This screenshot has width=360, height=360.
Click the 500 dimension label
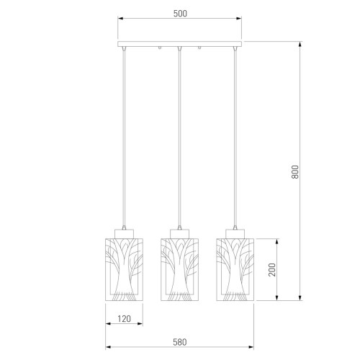180,14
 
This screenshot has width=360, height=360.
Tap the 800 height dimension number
295,172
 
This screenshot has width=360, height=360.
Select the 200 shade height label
272,270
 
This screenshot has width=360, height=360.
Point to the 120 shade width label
124,319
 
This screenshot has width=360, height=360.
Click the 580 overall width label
180,342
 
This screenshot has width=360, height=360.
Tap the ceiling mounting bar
180,44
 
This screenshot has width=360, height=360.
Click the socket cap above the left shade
124,234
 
